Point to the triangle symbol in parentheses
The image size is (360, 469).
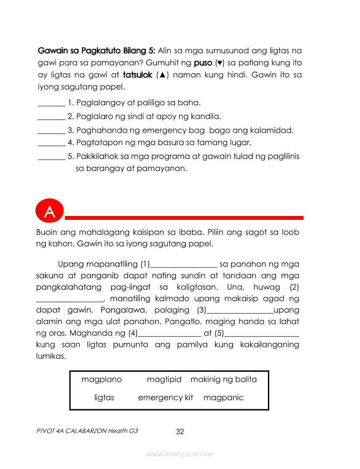click(162, 75)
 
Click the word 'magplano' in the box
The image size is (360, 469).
click(102, 380)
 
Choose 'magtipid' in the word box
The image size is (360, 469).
click(164, 380)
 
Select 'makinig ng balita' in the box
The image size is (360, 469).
click(223, 380)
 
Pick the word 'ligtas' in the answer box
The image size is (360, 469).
click(104, 397)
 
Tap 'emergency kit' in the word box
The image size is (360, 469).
click(165, 397)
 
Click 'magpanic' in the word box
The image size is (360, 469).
click(223, 397)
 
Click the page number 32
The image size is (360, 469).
click(180, 431)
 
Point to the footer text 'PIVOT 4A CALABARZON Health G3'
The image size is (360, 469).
click(87, 431)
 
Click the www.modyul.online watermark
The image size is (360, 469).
click(180, 454)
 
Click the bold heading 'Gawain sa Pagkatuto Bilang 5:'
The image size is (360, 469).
click(96, 51)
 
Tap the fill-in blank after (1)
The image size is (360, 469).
click(183, 266)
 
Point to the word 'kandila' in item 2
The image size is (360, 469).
click(207, 116)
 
